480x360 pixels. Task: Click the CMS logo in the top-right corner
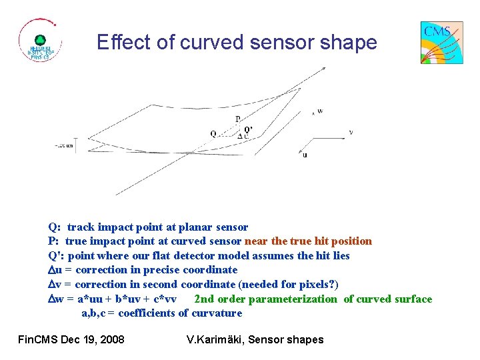(441, 42)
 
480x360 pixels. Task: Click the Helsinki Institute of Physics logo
(40, 42)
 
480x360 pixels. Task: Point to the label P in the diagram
(237, 119)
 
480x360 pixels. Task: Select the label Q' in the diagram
(249, 129)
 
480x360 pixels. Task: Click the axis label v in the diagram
(351, 132)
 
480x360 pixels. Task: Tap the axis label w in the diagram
(320, 111)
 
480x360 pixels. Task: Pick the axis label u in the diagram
(305, 155)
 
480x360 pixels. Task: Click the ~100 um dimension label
(64, 146)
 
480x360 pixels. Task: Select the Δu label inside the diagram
(243, 136)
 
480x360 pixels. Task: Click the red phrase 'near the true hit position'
(309, 241)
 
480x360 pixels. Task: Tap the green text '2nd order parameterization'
(265, 299)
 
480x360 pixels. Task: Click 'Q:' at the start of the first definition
(55, 227)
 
